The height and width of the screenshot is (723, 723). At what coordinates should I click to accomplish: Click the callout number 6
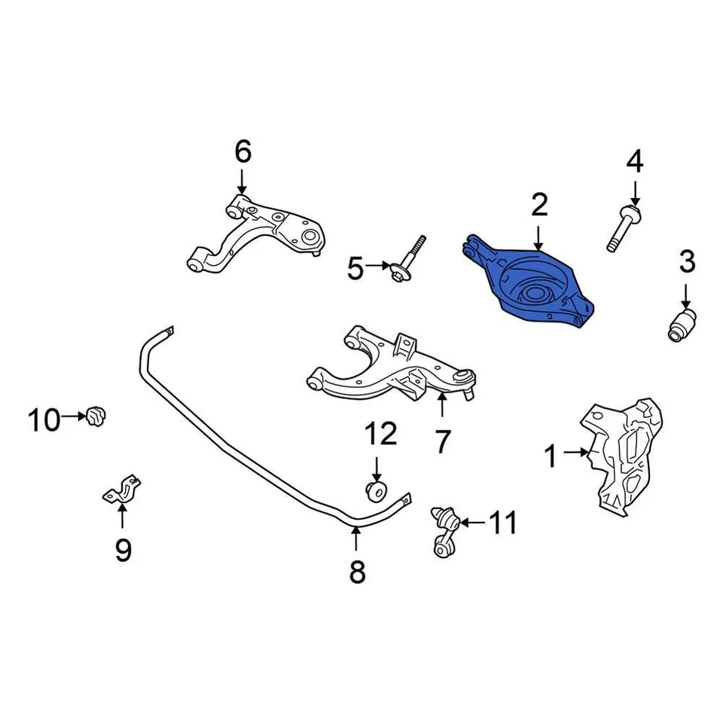click(242, 152)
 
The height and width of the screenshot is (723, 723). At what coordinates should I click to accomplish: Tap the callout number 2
click(538, 205)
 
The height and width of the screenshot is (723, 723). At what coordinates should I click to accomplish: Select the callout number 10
click(44, 419)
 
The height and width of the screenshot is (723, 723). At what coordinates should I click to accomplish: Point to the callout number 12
click(380, 434)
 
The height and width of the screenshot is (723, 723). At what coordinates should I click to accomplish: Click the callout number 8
click(357, 572)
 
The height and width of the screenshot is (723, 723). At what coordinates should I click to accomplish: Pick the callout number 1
click(551, 455)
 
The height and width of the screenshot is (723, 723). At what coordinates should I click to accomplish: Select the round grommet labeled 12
click(377, 491)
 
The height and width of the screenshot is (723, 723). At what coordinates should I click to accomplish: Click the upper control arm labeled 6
click(256, 233)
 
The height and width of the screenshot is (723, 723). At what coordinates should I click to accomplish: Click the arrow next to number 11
click(471, 521)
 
